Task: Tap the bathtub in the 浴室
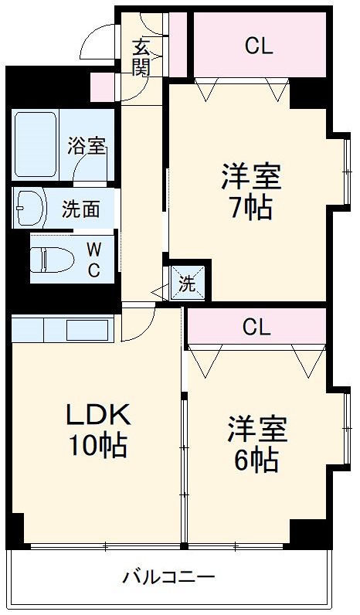tap(36, 144)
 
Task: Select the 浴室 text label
tap(86, 146)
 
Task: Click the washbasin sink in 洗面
tap(31, 206)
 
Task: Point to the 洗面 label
tap(80, 209)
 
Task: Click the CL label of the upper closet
tap(259, 46)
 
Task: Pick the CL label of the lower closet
tap(256, 328)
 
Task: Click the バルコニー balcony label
tap(168, 577)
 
